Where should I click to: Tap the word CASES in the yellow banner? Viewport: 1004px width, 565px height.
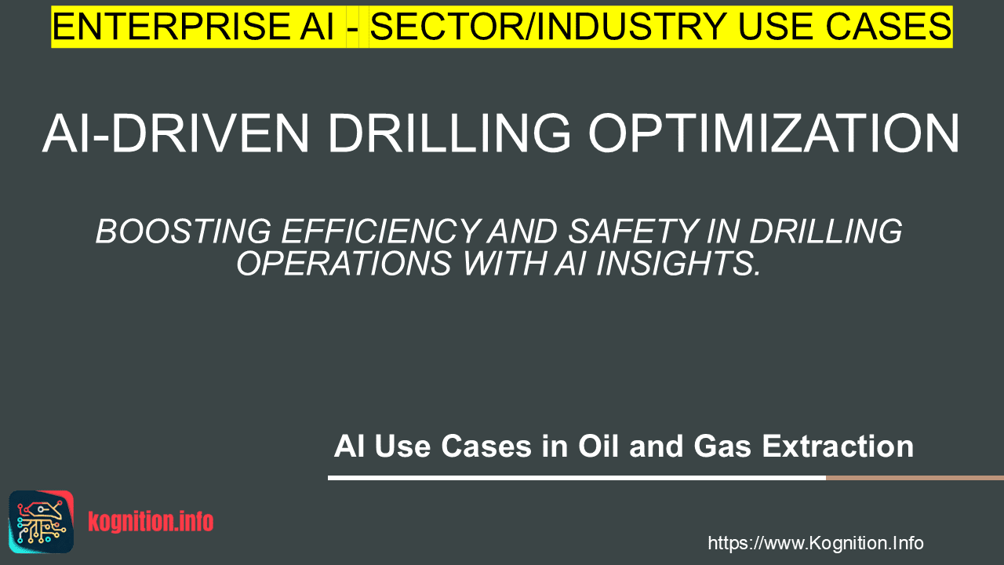coord(889,27)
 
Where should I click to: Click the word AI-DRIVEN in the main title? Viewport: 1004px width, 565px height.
coord(176,133)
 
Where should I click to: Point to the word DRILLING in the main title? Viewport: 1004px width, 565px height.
coord(449,133)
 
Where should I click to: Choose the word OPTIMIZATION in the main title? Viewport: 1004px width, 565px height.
coord(774,133)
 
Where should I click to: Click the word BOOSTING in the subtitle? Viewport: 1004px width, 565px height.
coord(184,231)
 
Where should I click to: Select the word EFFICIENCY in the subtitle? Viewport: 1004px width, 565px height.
coord(380,231)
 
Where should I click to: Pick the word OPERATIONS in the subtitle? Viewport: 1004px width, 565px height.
coord(344,263)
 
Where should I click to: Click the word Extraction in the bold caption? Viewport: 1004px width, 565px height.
coord(838,447)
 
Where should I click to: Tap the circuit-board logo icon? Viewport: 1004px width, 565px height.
coord(42,522)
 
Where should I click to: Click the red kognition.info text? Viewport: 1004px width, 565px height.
coord(151,522)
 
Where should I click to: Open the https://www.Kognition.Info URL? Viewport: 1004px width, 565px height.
coord(816,543)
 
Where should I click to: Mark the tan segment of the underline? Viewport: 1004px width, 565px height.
coord(915,478)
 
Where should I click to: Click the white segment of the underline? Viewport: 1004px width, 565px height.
coord(577,478)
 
